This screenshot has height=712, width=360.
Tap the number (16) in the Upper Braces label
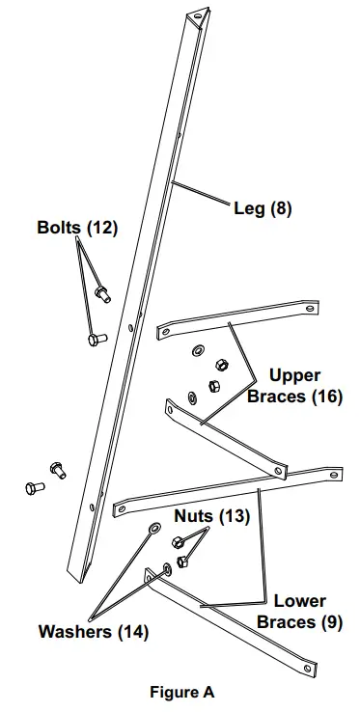[x=326, y=396]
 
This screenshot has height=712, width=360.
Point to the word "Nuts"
[x=192, y=515]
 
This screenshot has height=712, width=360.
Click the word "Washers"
[x=75, y=633]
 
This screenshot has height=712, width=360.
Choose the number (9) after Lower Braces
[x=330, y=622]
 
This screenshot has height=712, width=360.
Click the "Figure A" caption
[x=182, y=692]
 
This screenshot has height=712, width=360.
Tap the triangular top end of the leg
[x=199, y=14]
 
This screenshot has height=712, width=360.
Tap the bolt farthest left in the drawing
[x=33, y=487]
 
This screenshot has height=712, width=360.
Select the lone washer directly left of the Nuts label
[x=153, y=529]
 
